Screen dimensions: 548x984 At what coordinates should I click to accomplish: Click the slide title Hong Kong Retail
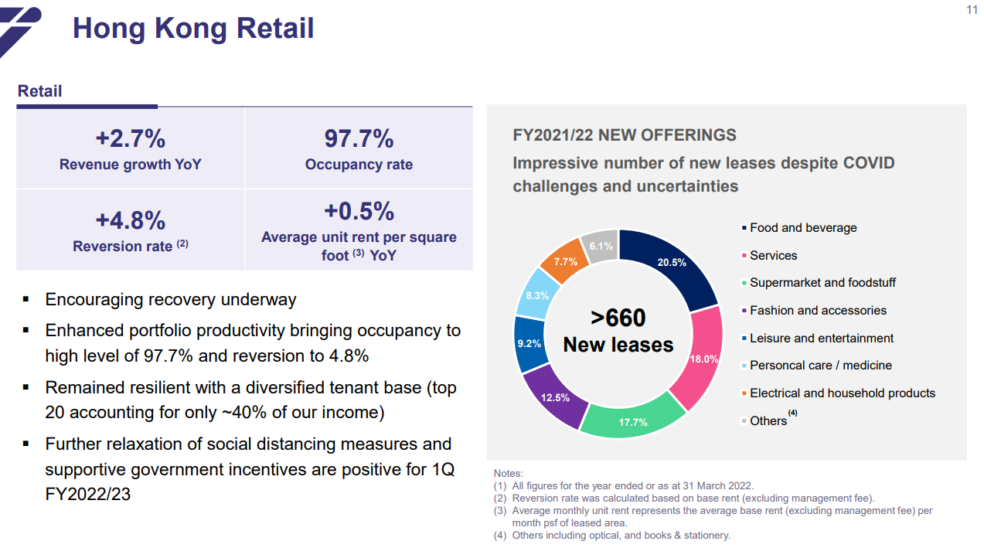pos(193,29)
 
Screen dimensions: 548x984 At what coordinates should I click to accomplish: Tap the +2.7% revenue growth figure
pos(130,138)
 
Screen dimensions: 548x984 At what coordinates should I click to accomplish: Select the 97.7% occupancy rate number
pos(359,138)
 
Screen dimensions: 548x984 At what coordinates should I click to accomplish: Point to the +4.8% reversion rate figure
pos(130,220)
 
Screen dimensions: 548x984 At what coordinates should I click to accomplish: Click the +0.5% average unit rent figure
pos(359,211)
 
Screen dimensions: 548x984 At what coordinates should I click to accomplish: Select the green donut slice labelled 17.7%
pos(632,421)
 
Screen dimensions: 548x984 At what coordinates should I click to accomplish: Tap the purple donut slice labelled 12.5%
pos(552,397)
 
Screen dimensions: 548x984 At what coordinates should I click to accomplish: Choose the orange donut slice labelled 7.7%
pos(566,261)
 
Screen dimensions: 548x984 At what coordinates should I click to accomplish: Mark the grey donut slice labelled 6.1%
pos(601,247)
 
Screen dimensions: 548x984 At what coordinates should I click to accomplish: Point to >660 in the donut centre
pos(618,318)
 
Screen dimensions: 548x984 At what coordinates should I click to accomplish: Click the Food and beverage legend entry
pos(802,228)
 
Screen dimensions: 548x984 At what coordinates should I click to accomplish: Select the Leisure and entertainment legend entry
pos(821,338)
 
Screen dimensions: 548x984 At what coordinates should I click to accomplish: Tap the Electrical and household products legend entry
pos(842,393)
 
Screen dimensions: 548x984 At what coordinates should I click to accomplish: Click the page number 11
pos(972,10)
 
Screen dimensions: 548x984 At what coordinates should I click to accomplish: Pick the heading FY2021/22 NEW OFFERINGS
pos(625,135)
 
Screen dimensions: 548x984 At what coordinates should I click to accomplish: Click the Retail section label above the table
pos(39,91)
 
